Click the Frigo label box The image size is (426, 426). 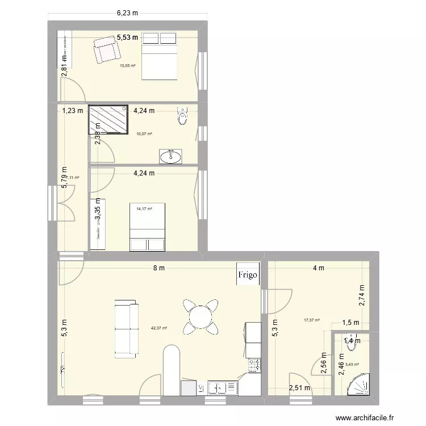[x=248, y=274]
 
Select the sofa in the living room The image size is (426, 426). [x=126, y=329]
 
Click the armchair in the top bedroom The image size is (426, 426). [x=107, y=49]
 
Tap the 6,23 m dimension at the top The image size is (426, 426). [x=128, y=12]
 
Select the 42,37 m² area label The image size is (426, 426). [x=159, y=327]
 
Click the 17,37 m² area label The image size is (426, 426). [x=312, y=320]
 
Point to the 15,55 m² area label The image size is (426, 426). [x=128, y=66]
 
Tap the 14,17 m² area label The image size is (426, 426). [x=144, y=208]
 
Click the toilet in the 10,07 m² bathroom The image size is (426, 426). [x=182, y=116]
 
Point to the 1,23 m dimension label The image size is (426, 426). [x=73, y=111]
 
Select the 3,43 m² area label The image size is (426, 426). [x=352, y=364]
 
